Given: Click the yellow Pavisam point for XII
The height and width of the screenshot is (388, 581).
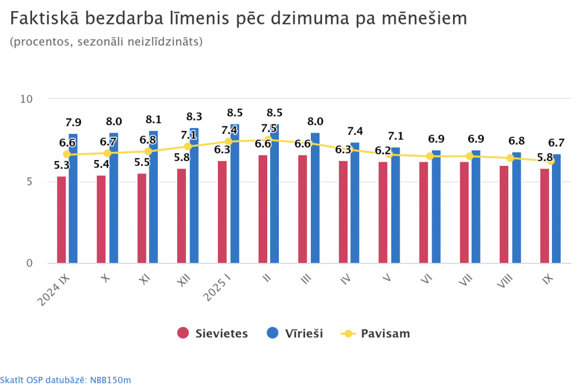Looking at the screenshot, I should click(188, 147).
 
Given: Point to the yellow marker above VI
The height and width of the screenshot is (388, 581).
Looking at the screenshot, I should click(430, 156).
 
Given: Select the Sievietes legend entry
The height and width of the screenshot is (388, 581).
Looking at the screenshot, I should click(213, 333).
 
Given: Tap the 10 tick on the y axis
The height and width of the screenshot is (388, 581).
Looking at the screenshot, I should click(26, 99).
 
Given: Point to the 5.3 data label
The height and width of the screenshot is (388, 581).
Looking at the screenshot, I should click(62, 165).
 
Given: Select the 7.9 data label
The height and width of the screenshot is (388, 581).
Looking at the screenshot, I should click(73, 122).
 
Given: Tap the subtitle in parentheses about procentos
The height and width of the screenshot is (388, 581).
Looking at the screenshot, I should click(106, 42).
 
